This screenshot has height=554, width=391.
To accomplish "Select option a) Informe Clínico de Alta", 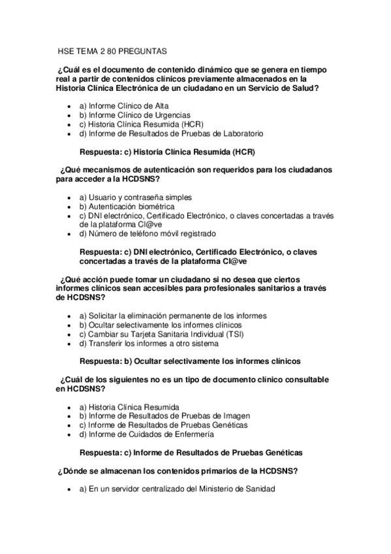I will pos(123,105).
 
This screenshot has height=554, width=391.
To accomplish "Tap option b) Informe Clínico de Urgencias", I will pos(131,114).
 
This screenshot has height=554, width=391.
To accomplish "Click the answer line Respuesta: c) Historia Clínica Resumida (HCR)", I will pos(166,152).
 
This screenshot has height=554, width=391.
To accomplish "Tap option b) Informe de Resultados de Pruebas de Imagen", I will pos(163,415).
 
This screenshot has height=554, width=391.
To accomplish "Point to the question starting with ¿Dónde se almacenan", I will pos(178,470).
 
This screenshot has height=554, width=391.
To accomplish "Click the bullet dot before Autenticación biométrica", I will pos(70,206).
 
